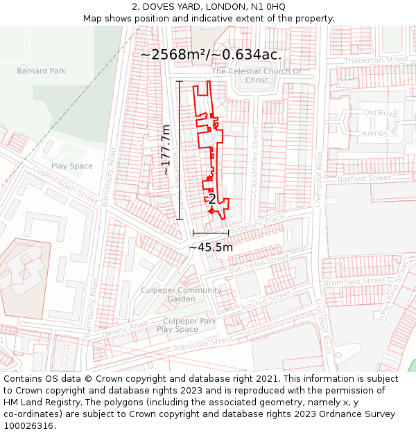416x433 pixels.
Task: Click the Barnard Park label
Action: click(42, 71)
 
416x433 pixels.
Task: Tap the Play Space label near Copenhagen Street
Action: click(71, 166)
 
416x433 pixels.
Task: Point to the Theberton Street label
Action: click(376, 60)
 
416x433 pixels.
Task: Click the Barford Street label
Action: click(364, 179)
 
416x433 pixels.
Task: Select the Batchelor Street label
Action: click(258, 263)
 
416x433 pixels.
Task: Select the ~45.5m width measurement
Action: click(211, 247)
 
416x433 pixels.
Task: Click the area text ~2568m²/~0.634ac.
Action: click(211, 54)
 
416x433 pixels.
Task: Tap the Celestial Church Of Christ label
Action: click(257, 76)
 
